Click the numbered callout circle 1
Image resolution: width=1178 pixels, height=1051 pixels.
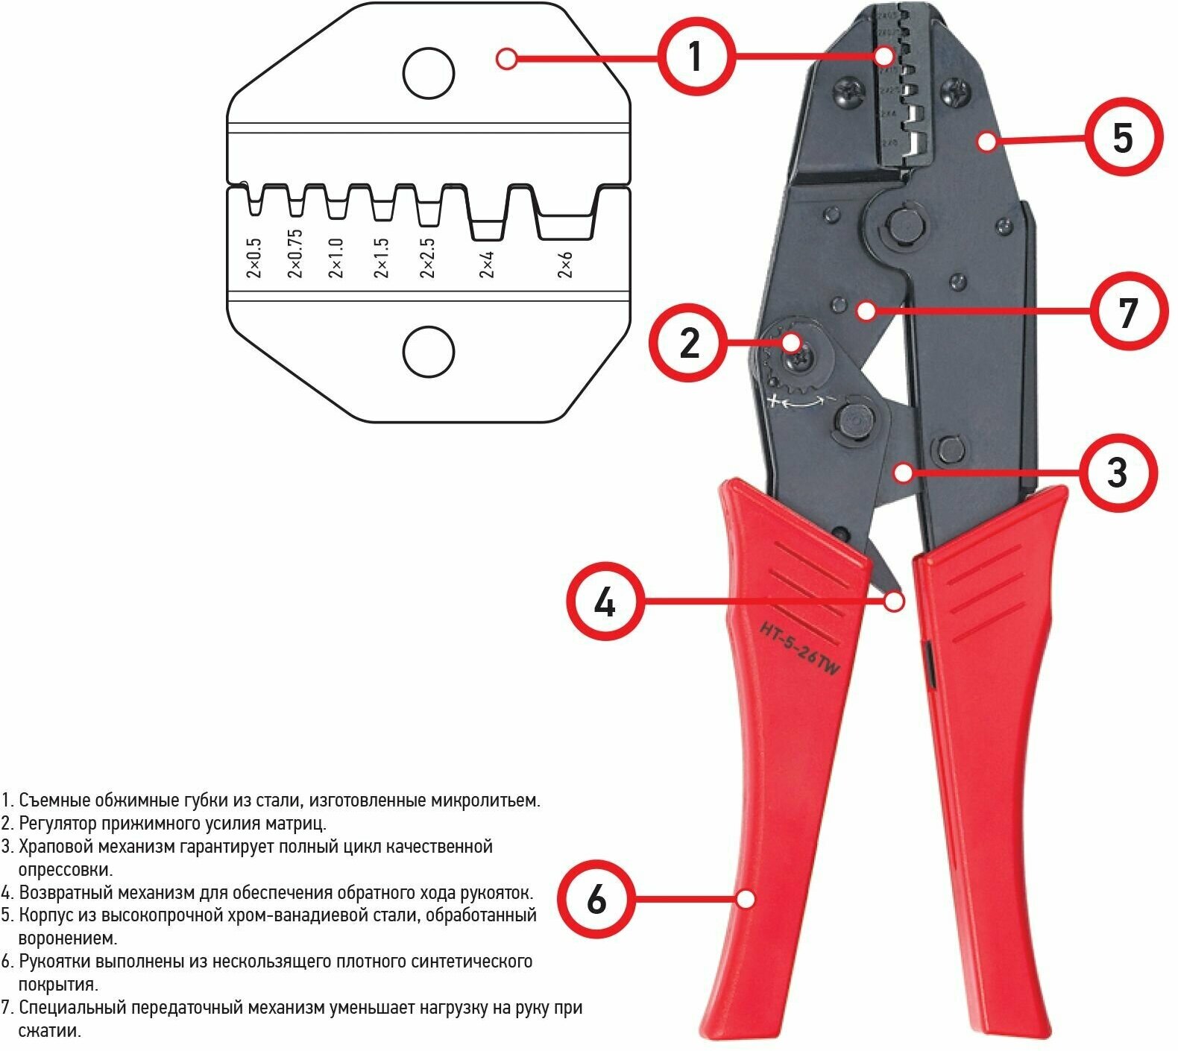(695, 57)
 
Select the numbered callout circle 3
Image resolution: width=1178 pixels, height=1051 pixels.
(1116, 472)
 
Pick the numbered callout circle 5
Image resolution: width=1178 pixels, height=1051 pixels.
(1122, 138)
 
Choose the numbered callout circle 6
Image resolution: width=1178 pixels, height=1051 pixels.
(596, 899)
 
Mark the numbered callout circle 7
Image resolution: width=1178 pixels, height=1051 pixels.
(1127, 311)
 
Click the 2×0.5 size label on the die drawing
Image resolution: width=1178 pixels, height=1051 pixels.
(254, 258)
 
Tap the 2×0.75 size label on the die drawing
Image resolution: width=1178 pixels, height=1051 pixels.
(295, 253)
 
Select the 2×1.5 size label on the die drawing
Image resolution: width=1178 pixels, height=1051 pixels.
(382, 258)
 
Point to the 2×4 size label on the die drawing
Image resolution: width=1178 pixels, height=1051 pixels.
(487, 264)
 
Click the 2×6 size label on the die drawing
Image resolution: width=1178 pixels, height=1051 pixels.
(565, 264)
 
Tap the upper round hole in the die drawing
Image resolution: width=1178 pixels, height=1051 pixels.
(429, 73)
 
